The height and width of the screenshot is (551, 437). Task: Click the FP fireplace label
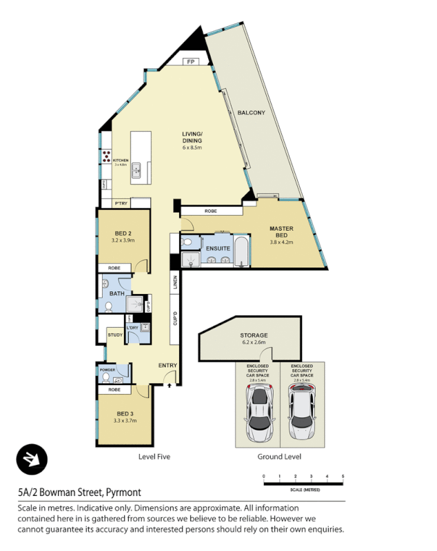pos(191,61)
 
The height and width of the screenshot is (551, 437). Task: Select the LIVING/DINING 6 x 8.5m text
pos(192,141)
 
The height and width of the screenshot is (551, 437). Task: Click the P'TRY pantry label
pos(122,203)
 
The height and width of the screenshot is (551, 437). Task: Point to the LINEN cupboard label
pos(176,283)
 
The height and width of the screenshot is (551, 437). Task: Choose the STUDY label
pos(114,335)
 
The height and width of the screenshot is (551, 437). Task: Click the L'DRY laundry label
pos(133,327)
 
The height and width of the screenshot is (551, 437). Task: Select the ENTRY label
pos(167,365)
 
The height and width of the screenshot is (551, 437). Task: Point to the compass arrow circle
pos(31,460)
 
